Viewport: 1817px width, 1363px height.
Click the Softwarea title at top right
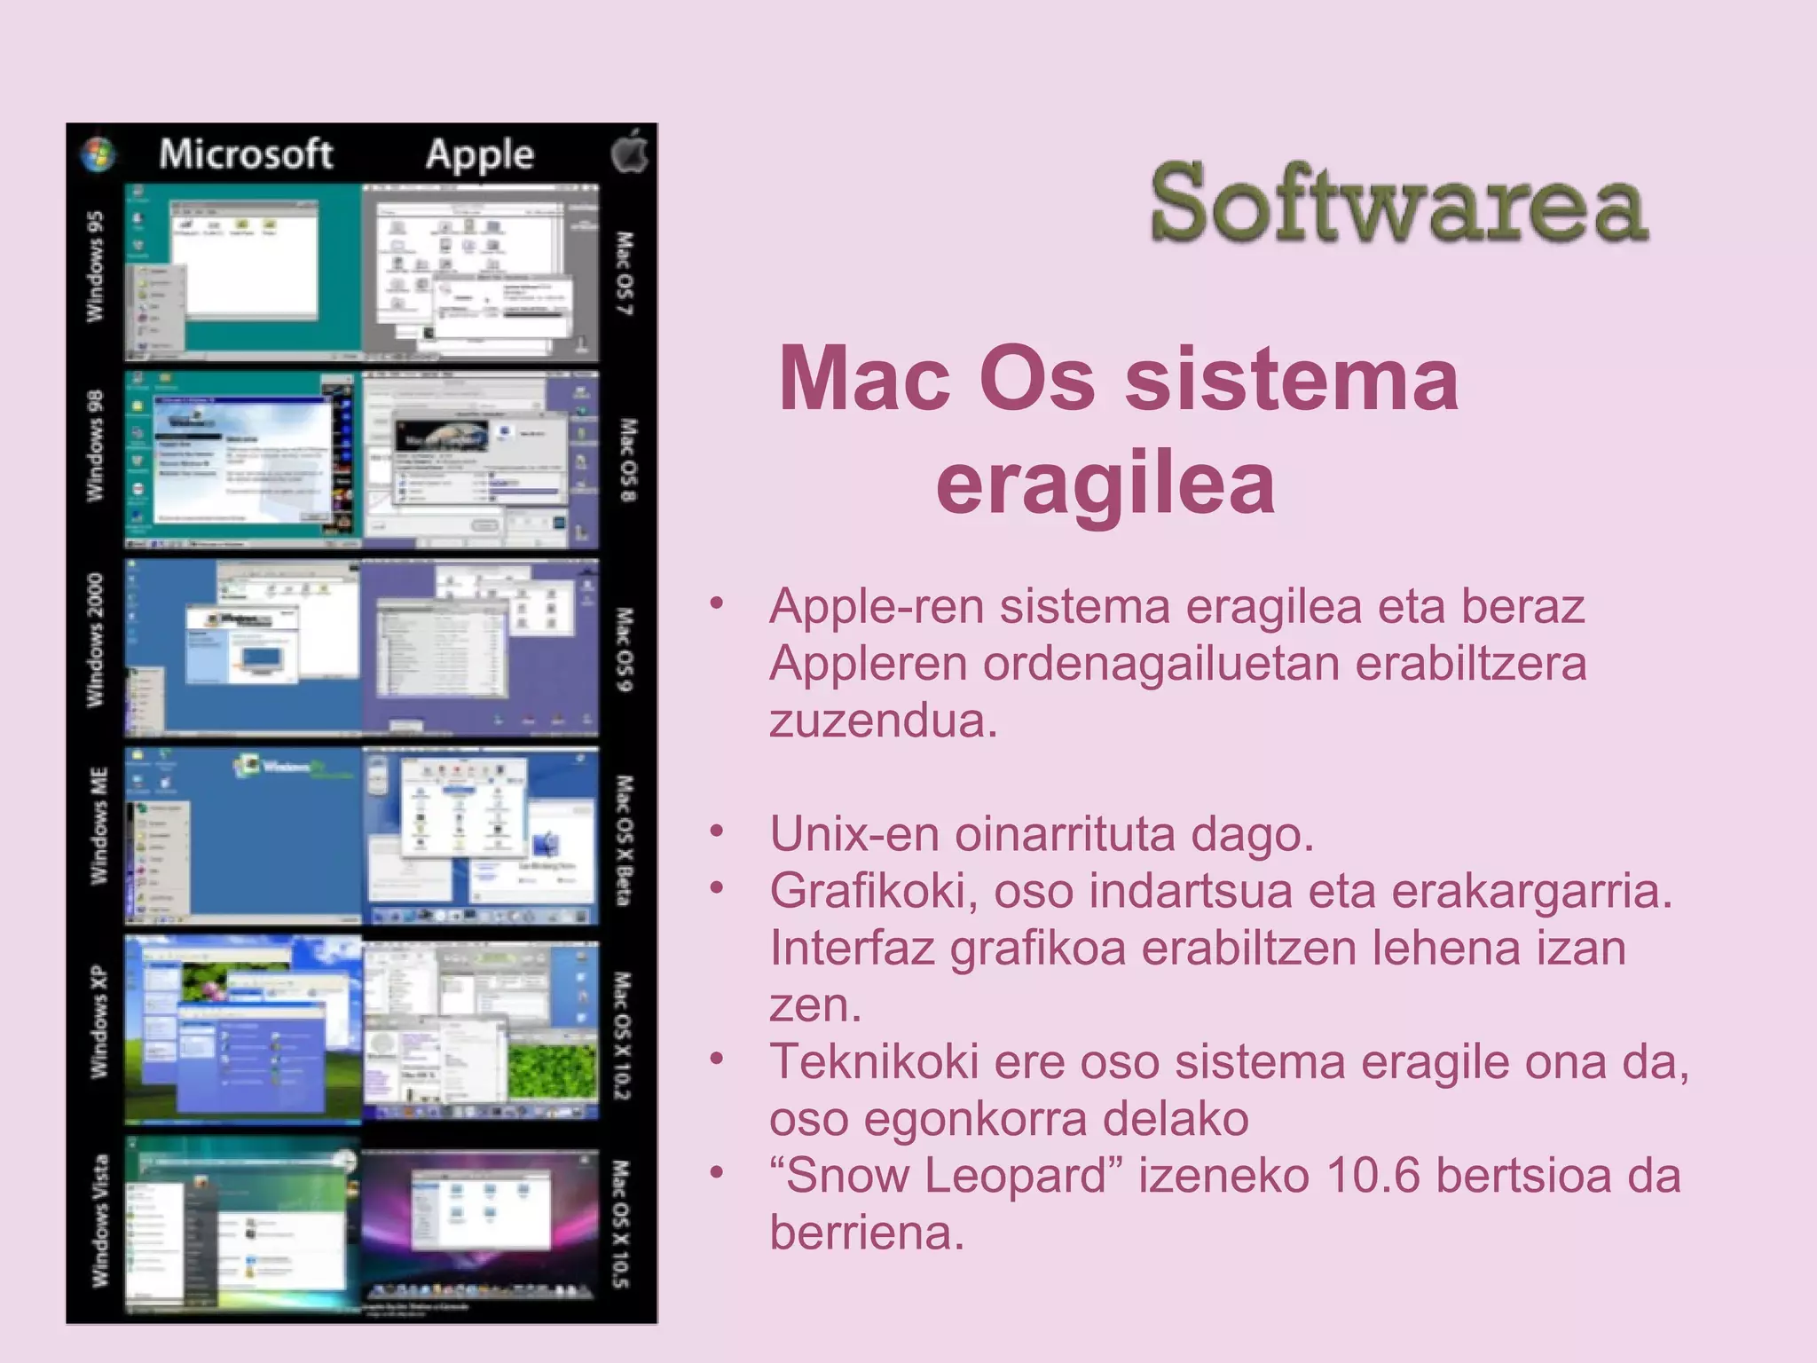1398,203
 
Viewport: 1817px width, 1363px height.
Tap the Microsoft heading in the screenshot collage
246,154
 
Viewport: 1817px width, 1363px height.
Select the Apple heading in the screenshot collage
479,155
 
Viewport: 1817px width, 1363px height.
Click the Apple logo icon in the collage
629,152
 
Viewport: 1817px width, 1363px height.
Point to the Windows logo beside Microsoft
98,154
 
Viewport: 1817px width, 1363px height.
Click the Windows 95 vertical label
95,266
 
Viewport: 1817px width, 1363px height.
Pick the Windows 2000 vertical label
95,640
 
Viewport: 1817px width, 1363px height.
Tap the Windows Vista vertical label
100,1220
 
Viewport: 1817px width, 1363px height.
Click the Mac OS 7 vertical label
625,273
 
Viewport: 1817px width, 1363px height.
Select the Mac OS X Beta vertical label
625,839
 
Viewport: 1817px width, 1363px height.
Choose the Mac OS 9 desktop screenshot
480,648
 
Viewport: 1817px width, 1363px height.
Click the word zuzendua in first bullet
884,721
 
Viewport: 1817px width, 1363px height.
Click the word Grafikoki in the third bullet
873,891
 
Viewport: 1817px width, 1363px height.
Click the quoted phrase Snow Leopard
946,1175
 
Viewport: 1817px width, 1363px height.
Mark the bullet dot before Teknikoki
717,1058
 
